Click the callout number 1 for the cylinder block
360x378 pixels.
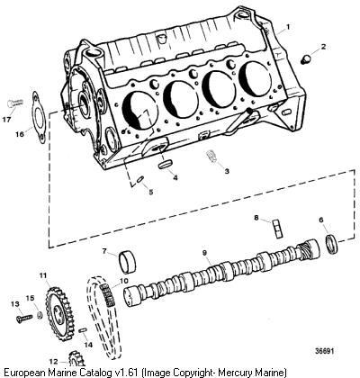pos(288,27)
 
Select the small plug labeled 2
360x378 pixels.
pos(305,58)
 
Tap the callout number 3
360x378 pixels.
pos(227,171)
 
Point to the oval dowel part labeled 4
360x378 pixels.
pos(166,164)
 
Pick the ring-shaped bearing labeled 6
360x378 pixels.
pos(332,245)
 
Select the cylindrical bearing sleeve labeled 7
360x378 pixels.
pos(128,263)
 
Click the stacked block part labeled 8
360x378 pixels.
pos(277,229)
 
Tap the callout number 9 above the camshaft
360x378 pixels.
pos(204,253)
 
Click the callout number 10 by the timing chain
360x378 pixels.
pos(123,281)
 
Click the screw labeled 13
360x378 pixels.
pos(23,318)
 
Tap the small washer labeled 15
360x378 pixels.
pos(39,315)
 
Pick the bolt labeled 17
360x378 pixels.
pos(13,103)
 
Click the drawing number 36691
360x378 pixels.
pos(324,351)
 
